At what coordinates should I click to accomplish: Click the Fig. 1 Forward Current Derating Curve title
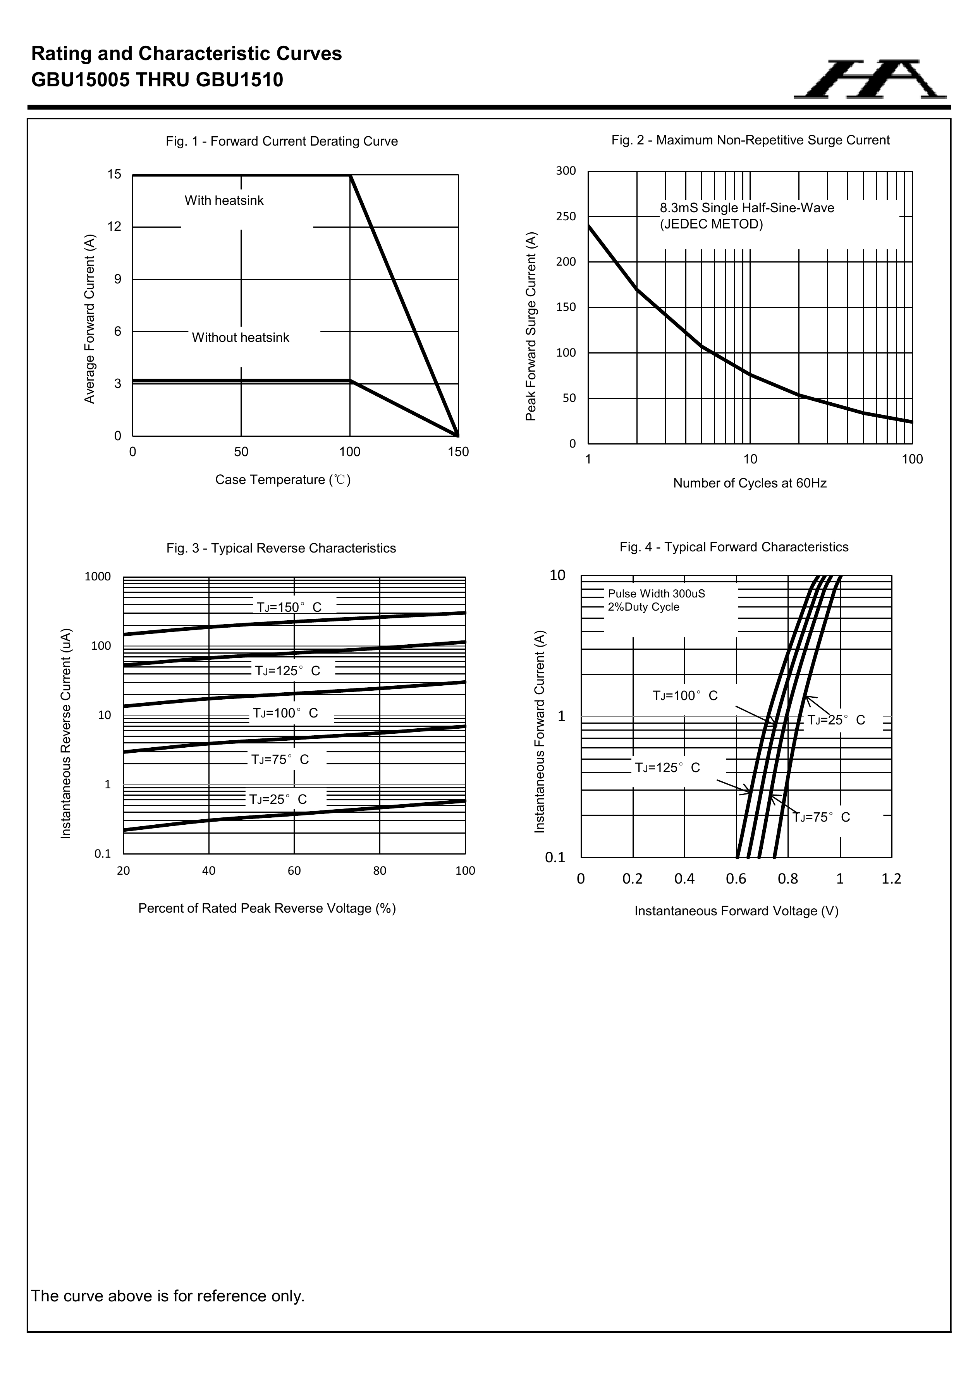[282, 141]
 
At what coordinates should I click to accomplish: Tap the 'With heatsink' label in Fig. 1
[224, 200]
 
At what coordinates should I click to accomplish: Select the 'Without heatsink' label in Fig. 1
[240, 338]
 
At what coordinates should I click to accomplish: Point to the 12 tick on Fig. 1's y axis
[114, 227]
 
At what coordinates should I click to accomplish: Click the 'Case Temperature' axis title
[282, 480]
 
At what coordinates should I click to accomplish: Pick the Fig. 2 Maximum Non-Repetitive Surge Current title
[750, 140]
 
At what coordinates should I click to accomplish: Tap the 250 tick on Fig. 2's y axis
[566, 216]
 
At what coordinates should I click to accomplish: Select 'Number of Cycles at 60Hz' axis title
[750, 483]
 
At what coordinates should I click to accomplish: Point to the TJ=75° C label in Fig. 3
[280, 759]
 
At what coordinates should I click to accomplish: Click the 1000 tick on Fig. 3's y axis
[98, 576]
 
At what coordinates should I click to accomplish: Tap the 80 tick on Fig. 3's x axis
[380, 870]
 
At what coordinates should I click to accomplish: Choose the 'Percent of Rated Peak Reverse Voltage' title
[267, 908]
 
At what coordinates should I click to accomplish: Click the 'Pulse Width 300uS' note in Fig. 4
[656, 594]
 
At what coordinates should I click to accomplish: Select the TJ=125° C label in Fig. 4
[667, 768]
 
